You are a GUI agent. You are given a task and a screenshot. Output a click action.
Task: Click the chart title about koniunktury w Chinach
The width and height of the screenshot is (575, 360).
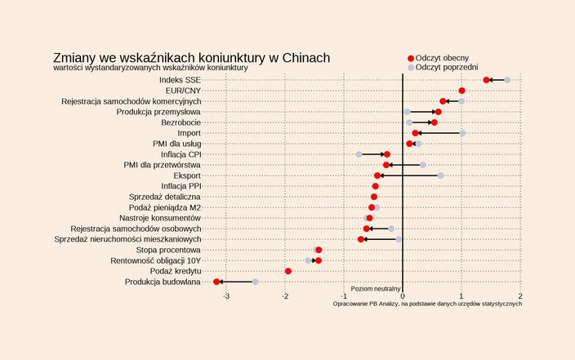[191, 58]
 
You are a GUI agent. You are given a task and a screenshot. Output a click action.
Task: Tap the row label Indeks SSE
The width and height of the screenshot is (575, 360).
[181, 80]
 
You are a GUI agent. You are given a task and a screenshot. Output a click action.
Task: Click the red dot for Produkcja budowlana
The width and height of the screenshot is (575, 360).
[216, 282]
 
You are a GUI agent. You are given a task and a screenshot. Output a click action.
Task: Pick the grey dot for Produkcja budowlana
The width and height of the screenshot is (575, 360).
[255, 282]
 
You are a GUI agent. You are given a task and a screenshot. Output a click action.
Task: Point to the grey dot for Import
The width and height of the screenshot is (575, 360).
[462, 133]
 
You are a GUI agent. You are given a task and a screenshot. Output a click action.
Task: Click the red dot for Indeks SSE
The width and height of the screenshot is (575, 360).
[486, 80]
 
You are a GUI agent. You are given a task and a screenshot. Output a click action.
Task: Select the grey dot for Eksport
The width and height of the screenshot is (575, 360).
[440, 176]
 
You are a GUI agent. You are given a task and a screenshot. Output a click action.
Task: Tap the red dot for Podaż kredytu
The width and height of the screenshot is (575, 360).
[288, 271]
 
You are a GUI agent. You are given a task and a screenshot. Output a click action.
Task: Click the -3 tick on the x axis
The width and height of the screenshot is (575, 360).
[226, 296]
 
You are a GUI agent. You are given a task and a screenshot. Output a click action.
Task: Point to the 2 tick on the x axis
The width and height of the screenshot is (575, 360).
[520, 296]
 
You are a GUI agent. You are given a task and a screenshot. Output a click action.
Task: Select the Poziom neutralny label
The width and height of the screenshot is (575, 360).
[376, 288]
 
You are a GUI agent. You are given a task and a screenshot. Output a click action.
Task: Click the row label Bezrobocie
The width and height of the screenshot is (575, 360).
[181, 122]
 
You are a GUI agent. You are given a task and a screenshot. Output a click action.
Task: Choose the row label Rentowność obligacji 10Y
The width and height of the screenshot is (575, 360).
[155, 260]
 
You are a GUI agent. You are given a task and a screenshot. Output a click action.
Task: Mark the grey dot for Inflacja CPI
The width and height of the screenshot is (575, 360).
[359, 154]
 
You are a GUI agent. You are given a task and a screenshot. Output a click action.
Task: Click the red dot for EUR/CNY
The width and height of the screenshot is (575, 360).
[462, 91]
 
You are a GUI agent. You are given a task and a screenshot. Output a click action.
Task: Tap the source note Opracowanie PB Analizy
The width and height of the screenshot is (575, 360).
[427, 304]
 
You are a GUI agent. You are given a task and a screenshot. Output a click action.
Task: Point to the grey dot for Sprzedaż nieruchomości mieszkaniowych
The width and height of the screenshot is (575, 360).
[399, 239]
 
